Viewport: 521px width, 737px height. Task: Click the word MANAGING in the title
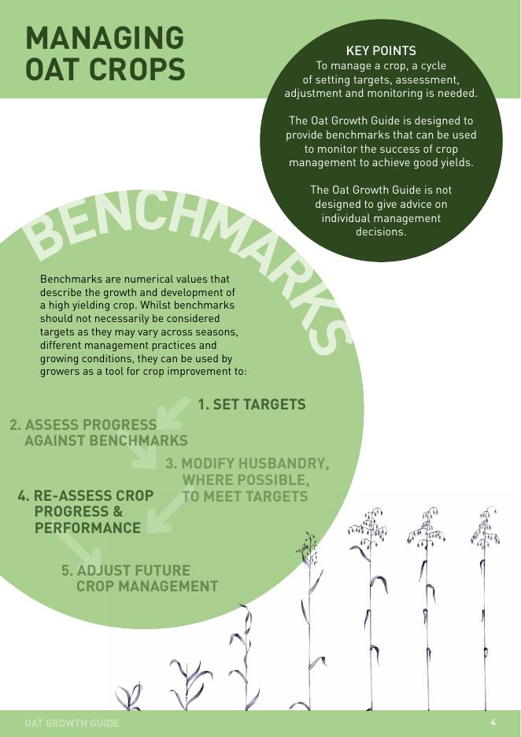tap(105, 38)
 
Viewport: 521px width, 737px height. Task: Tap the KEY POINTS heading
tap(381, 50)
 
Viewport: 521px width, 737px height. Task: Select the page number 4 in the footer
tap(493, 722)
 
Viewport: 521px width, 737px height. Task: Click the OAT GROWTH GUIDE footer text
tap(72, 723)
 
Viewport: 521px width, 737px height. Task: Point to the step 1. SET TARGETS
tap(251, 405)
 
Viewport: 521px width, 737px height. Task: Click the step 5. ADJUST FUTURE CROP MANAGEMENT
tap(139, 578)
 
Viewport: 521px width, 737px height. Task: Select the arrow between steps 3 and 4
tap(166, 513)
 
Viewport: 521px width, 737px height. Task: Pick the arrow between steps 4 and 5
tap(76, 549)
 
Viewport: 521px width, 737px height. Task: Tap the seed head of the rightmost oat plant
tap(485, 528)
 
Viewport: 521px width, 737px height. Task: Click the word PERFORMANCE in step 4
tap(87, 528)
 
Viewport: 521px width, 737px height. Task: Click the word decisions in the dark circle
tap(381, 231)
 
